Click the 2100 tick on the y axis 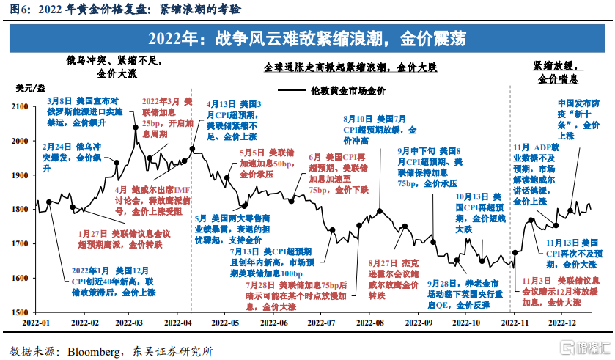tap(22, 107)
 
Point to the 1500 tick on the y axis tap(22, 312)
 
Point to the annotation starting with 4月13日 tap(233, 120)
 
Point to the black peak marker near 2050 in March tap(136, 127)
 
